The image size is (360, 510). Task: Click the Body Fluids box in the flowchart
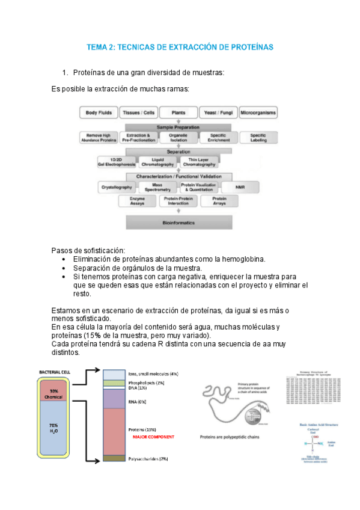99,112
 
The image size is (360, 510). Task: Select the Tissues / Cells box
139,112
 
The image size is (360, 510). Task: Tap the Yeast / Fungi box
218,112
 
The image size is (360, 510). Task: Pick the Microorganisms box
258,112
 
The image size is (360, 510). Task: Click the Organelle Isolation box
178,138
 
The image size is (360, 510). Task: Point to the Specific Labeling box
258,138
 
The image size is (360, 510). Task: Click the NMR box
240,186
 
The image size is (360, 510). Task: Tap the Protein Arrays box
219,201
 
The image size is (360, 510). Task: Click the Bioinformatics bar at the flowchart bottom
178,223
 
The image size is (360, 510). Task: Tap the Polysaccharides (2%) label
148,459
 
